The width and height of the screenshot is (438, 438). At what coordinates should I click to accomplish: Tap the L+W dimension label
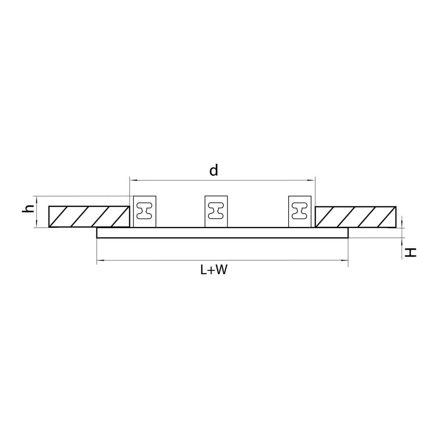214,270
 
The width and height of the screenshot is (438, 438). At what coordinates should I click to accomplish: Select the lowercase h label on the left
28,208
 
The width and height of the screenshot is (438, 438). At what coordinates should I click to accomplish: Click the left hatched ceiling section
89,217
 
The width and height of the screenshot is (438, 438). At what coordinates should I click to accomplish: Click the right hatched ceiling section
356,217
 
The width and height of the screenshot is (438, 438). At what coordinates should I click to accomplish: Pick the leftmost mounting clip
145,212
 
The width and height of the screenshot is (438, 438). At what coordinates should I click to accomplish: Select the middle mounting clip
216,212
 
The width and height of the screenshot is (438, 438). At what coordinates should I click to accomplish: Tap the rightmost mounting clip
300,212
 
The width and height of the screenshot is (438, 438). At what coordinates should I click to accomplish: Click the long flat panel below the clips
223,233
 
